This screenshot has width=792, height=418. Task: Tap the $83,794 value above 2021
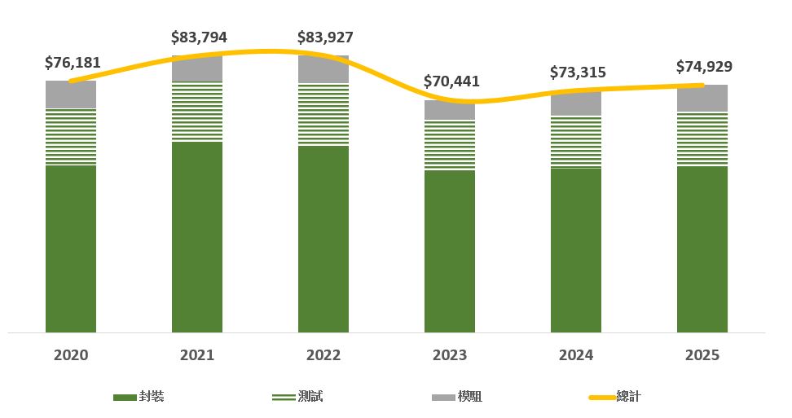[199, 37]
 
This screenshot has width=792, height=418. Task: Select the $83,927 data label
[325, 37]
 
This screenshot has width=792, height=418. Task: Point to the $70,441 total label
[451, 81]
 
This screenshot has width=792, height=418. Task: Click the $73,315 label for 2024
[578, 72]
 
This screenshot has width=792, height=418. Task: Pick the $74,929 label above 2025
[704, 67]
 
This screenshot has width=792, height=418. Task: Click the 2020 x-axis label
[71, 355]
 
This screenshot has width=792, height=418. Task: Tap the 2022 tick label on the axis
[323, 355]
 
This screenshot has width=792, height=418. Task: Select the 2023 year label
[450, 355]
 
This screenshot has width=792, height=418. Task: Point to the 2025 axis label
[702, 355]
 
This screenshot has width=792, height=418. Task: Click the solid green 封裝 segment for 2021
[197, 236]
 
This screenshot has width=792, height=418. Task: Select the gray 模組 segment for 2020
[71, 95]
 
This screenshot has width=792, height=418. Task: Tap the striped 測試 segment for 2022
[323, 114]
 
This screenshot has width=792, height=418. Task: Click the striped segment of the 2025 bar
[702, 139]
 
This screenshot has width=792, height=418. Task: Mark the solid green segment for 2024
[576, 249]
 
